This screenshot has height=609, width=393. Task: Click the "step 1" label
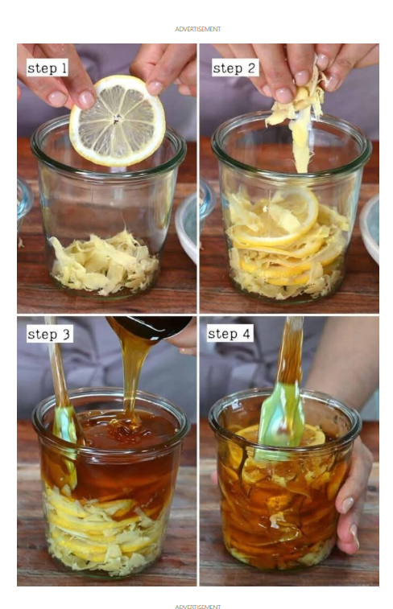[47, 68]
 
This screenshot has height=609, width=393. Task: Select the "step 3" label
[49, 334]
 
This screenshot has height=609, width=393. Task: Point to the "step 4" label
[230, 333]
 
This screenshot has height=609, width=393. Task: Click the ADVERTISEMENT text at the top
[198, 29]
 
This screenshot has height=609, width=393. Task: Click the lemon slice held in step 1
[118, 121]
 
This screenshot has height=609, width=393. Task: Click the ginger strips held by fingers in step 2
[299, 117]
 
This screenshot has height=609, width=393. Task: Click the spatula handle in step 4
[291, 350]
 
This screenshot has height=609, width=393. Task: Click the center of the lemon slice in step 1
[116, 120]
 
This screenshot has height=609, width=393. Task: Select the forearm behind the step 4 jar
[342, 357]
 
